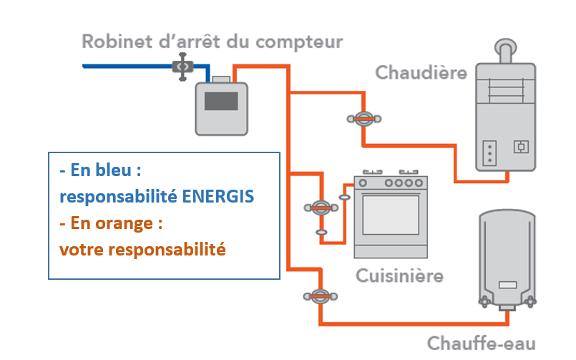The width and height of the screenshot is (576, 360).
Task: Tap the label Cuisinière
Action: click(x=399, y=276)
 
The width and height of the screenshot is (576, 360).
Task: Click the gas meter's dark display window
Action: click(x=220, y=100)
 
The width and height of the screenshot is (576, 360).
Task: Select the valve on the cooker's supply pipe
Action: click(x=321, y=208)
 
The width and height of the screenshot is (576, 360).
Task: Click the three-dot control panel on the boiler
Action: click(x=490, y=150)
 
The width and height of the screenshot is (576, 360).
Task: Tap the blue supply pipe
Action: click(x=129, y=67)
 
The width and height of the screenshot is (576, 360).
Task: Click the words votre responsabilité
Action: click(x=142, y=250)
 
